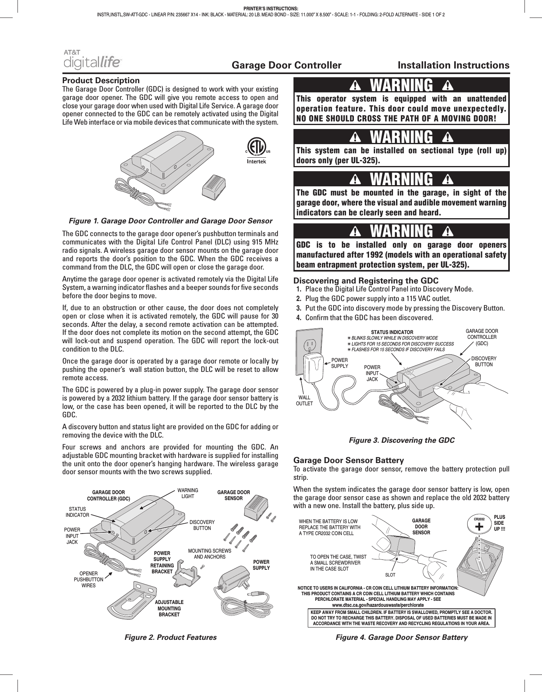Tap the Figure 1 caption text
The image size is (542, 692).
pyautogui.click(x=171, y=221)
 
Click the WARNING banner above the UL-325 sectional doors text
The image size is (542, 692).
pyautogui.click(x=401, y=137)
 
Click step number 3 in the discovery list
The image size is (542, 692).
pyautogui.click(x=298, y=308)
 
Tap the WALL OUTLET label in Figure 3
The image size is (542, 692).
pyautogui.click(x=304, y=401)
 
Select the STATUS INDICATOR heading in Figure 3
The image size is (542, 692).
pyautogui.click(x=392, y=332)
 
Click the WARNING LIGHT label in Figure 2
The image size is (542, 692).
pyautogui.click(x=188, y=493)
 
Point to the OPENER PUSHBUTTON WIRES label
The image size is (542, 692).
pyautogui.click(x=88, y=579)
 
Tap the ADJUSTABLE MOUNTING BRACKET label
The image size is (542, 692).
pyautogui.click(x=169, y=608)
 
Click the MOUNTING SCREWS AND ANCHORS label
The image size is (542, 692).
pyautogui.click(x=210, y=554)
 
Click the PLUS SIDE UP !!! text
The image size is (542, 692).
pyautogui.click(x=499, y=522)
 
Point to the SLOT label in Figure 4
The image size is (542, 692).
pyautogui.click(x=390, y=575)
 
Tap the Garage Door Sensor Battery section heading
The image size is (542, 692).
pyautogui.click(x=348, y=461)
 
